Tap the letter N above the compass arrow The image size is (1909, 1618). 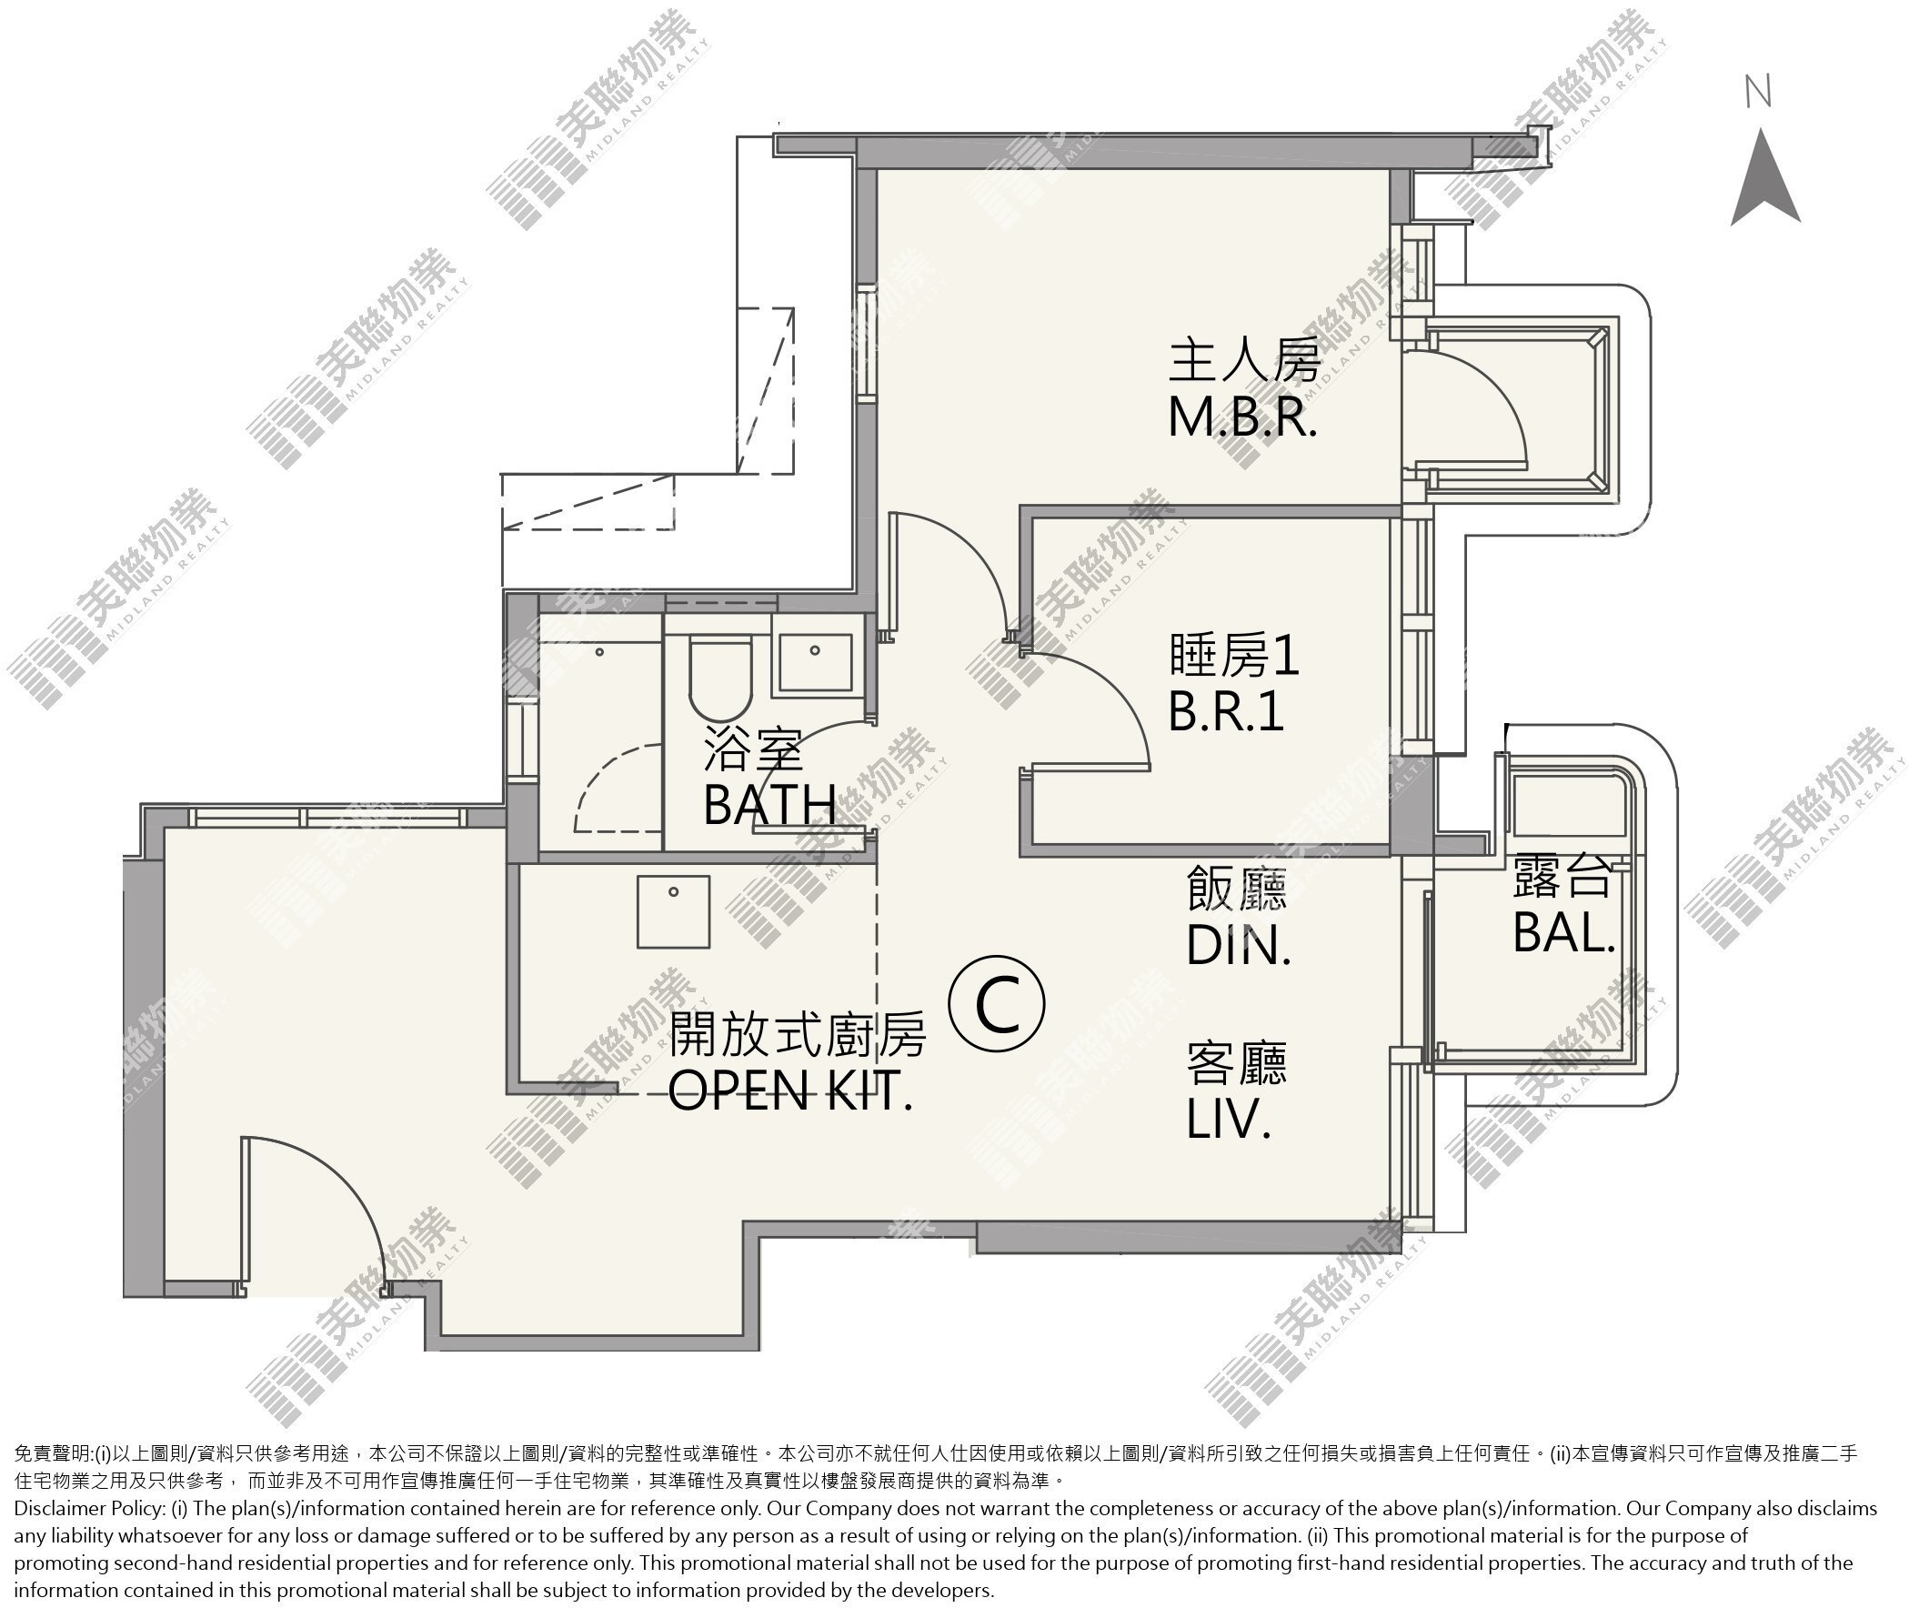click(x=1758, y=92)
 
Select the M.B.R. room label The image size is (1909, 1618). click(x=1243, y=417)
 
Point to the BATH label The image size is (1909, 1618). click(x=769, y=804)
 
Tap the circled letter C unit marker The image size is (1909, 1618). click(x=996, y=1005)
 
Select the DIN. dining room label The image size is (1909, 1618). click(x=1239, y=944)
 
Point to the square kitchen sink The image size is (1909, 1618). click(x=673, y=910)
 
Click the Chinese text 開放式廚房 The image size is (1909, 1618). click(x=797, y=1035)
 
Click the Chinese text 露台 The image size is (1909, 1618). click(x=1562, y=876)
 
